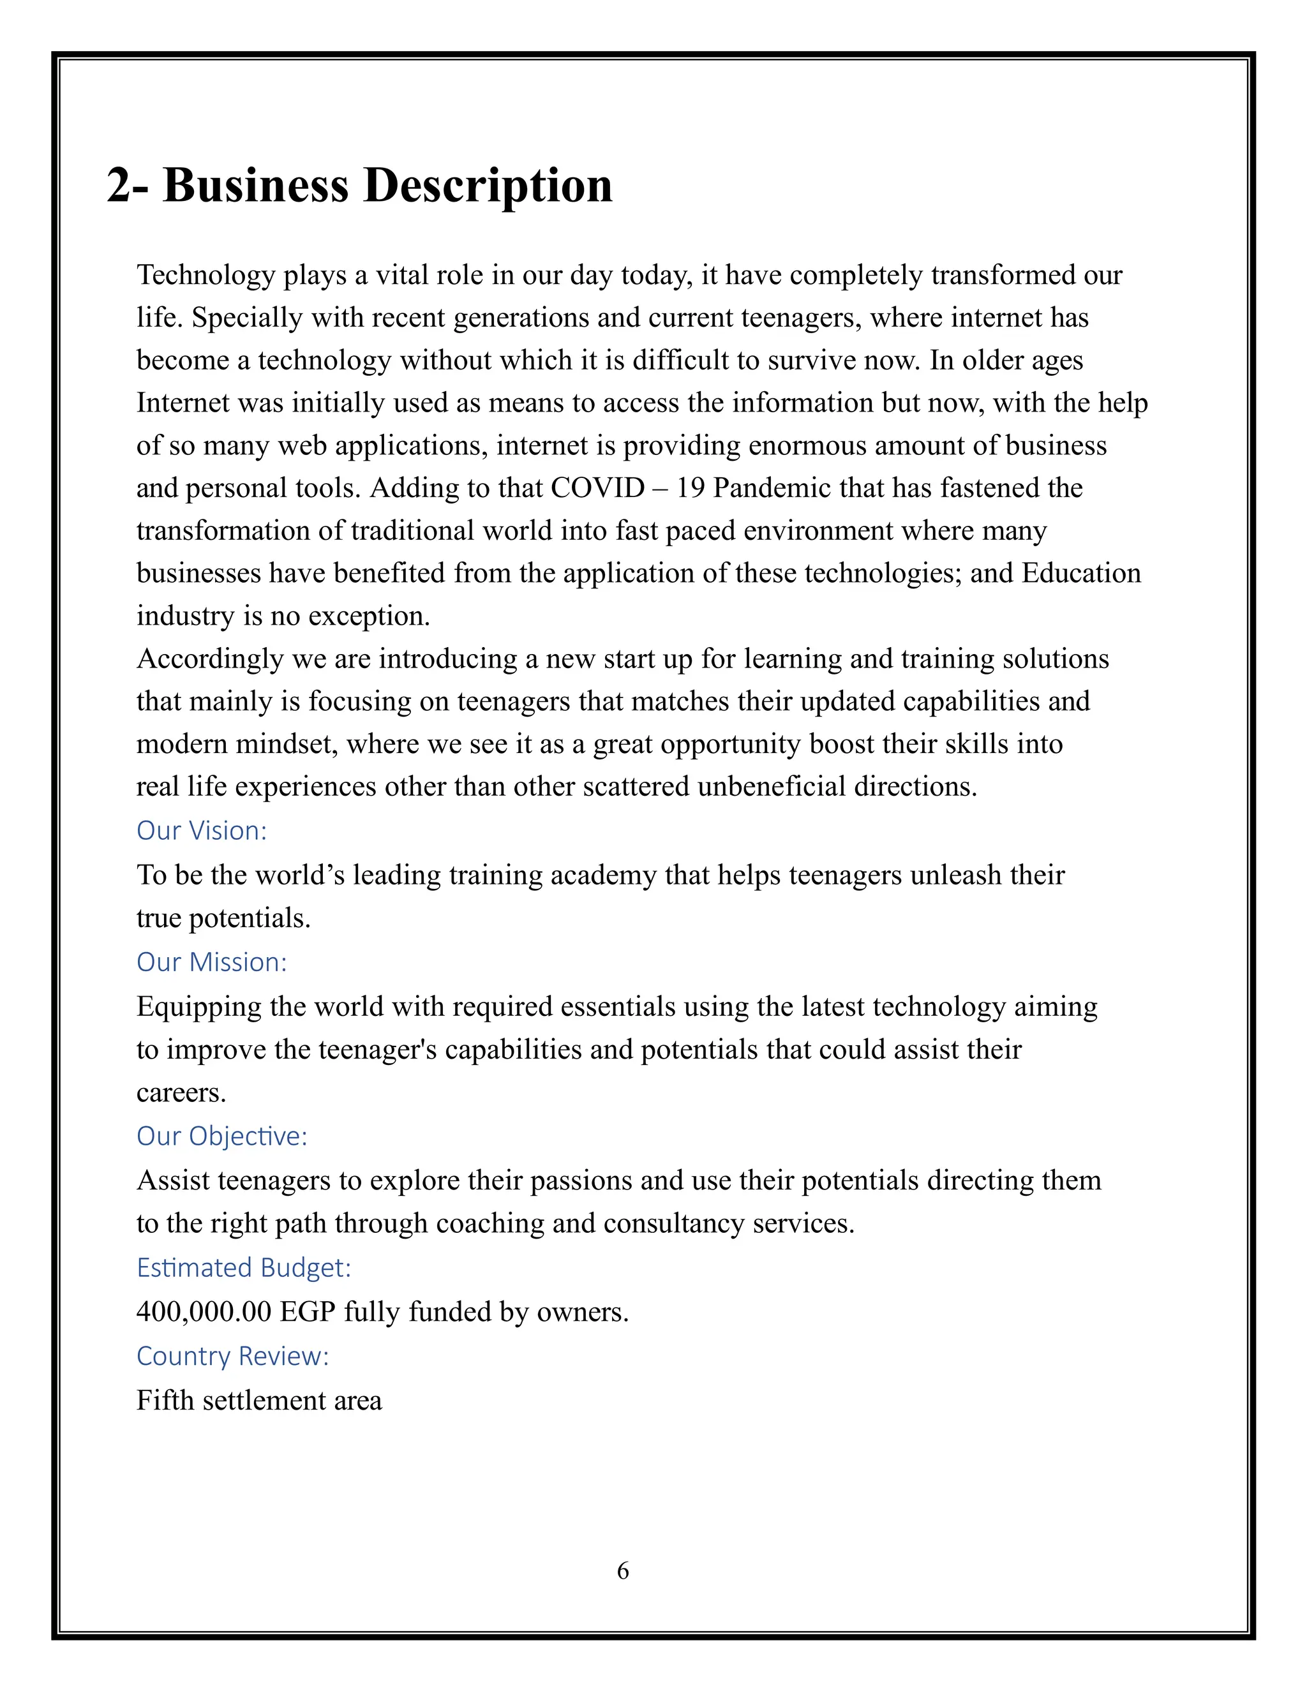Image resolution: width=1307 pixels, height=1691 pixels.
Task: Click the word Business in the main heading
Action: coord(255,186)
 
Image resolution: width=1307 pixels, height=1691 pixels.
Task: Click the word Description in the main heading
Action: coord(488,186)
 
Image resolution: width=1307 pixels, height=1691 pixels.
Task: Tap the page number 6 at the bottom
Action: coord(622,1570)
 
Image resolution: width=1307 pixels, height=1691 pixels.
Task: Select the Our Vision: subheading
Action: coord(201,831)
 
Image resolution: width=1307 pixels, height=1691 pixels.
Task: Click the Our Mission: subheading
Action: coord(211,962)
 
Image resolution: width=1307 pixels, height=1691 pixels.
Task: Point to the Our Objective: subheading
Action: coord(221,1136)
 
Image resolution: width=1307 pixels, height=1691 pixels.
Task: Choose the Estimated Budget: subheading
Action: coord(243,1267)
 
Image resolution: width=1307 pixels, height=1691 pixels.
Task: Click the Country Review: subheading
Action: coord(232,1356)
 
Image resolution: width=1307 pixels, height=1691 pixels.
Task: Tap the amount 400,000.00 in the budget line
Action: coord(204,1311)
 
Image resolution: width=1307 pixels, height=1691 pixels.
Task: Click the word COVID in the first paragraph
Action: coord(597,488)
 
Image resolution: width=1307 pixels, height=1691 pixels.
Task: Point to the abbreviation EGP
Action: coord(308,1311)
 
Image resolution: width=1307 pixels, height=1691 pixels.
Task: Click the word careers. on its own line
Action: coord(181,1092)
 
